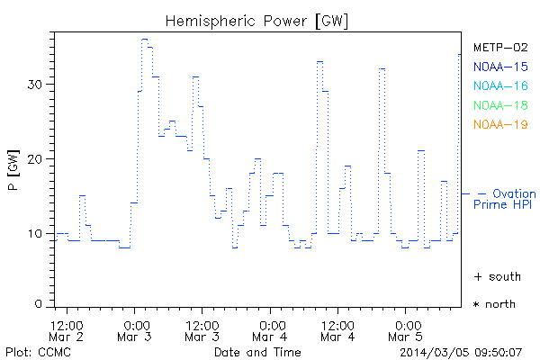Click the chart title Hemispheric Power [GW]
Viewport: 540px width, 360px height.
tap(257, 20)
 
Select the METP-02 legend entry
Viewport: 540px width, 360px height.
tap(499, 48)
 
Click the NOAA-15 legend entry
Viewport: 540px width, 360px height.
tap(499, 67)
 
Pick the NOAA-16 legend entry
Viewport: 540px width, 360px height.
tap(499, 86)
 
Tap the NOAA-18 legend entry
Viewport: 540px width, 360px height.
tap(499, 105)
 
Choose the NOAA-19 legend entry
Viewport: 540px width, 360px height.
tap(499, 124)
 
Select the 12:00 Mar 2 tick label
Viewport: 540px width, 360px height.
tap(67, 329)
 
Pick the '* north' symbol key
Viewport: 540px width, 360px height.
tap(495, 304)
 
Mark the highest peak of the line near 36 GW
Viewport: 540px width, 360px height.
tap(144, 40)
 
